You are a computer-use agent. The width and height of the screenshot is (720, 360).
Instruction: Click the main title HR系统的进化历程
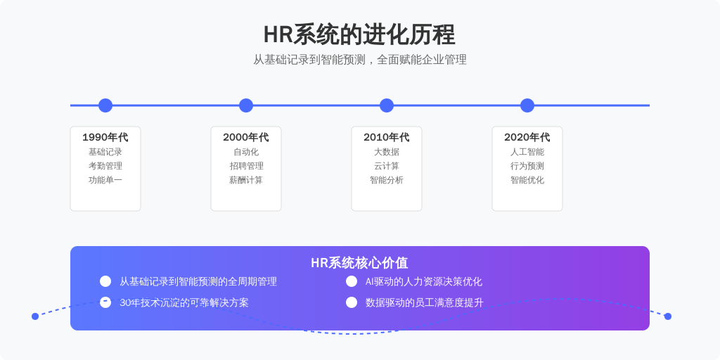point(359,35)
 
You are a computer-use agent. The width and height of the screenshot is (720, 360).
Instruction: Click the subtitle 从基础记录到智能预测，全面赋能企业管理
point(360,60)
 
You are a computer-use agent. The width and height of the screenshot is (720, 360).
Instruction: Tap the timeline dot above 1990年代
point(105,105)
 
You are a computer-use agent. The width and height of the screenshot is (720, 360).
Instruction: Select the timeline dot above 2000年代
point(246,105)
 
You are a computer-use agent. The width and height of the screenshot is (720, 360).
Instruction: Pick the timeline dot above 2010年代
point(387,105)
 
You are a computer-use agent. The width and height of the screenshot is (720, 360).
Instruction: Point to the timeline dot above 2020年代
point(527,105)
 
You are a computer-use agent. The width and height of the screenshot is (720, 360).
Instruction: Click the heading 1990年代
point(105,137)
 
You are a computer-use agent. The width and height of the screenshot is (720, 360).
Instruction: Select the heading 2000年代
point(245,137)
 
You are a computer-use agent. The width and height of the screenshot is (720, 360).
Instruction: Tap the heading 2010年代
point(386,137)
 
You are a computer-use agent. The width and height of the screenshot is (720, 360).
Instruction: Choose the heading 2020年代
point(527,137)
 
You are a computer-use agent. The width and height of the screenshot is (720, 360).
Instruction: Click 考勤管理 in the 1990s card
point(105,166)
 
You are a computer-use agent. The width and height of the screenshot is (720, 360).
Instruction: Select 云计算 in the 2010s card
point(386,166)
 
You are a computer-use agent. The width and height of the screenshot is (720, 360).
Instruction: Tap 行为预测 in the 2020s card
point(527,166)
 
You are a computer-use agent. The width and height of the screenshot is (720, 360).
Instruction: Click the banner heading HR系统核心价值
point(359,263)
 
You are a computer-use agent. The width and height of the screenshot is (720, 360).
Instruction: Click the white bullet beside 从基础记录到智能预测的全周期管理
point(105,281)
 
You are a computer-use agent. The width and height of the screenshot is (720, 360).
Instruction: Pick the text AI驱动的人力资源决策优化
point(424,282)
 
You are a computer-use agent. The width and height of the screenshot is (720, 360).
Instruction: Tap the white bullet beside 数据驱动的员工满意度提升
point(352,302)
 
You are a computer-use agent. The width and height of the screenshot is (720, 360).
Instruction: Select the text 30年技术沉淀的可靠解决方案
point(184,303)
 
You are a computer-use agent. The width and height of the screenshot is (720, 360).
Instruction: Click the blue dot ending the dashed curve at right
point(668,316)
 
